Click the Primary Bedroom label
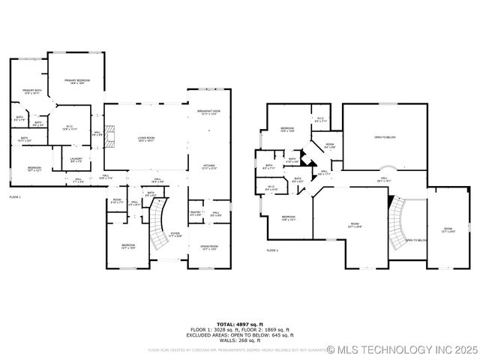76,82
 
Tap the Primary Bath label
31,91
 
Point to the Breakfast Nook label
208,112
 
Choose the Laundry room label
76,160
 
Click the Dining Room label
209,247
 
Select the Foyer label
175,235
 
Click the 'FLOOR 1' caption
15,196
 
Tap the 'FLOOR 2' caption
271,250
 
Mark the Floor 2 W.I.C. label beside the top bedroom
319,118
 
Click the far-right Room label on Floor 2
448,229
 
